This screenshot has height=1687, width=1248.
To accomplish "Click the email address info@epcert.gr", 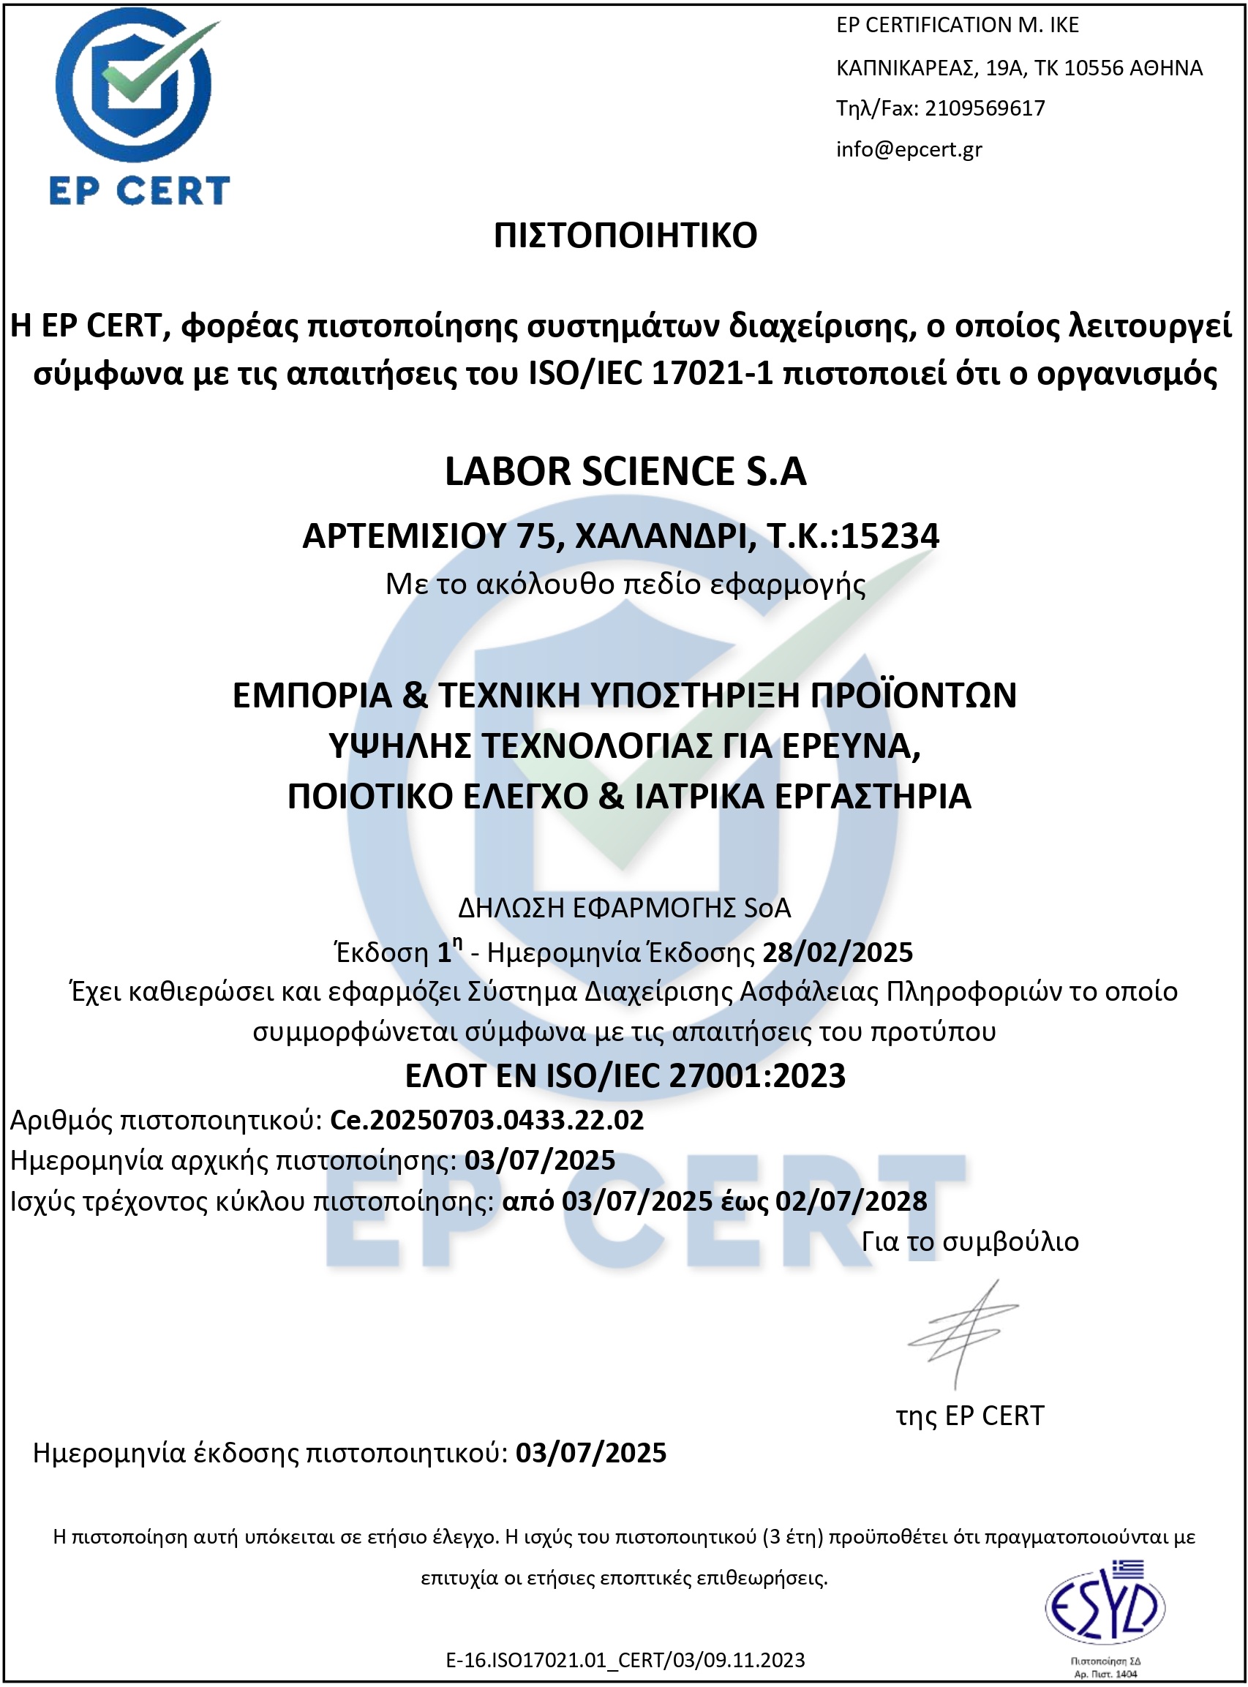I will [x=909, y=149].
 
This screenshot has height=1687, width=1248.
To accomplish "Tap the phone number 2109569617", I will [x=985, y=108].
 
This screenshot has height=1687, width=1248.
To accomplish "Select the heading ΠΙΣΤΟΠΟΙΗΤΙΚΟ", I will [x=625, y=236].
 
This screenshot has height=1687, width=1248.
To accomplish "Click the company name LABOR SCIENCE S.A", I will [x=625, y=471].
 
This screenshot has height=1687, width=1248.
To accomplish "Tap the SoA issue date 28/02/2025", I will [x=837, y=953].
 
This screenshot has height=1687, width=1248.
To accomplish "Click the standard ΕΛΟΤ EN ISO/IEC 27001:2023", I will [x=625, y=1076].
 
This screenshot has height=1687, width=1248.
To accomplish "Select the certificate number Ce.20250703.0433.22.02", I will [x=486, y=1119].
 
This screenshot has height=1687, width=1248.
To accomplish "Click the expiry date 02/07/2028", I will [x=852, y=1201].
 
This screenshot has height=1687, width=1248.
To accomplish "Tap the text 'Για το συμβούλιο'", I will [x=970, y=1242].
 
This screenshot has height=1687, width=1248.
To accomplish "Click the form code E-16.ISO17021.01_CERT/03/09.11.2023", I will [x=625, y=1660].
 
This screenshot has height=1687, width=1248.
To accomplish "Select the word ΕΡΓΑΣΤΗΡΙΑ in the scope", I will [x=873, y=797].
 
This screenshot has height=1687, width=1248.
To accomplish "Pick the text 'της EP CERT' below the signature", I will [x=970, y=1416].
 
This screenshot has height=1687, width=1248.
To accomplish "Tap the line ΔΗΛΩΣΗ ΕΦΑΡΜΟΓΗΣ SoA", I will [x=625, y=908].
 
